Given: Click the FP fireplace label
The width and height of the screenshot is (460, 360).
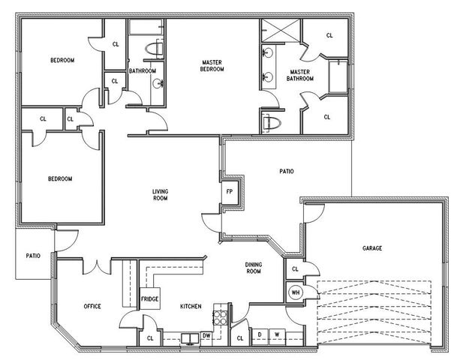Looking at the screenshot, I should [x=230, y=190].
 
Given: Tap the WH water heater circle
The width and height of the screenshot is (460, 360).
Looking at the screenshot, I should [x=295, y=292].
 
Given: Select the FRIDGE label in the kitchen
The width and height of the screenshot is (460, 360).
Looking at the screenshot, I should [x=149, y=299].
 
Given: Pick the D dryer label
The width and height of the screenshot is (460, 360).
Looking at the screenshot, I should [x=260, y=334].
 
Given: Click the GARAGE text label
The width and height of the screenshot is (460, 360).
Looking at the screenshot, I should [x=372, y=247].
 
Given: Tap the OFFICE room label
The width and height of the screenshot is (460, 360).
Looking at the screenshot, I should [x=92, y=306].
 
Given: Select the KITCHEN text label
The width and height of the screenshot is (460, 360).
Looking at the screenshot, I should [x=191, y=306].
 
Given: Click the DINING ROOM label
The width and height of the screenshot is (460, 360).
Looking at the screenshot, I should [x=253, y=268].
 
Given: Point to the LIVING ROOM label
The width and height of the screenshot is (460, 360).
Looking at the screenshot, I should [x=160, y=195].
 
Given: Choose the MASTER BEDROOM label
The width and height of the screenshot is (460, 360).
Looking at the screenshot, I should [x=212, y=66].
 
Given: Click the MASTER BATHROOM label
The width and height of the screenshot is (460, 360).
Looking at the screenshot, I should [x=300, y=76].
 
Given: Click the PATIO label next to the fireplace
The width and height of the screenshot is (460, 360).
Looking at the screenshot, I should [x=287, y=171].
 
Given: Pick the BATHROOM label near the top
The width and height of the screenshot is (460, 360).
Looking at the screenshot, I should [x=142, y=71].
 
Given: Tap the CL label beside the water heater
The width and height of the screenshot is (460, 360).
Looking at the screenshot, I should [x=295, y=269].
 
